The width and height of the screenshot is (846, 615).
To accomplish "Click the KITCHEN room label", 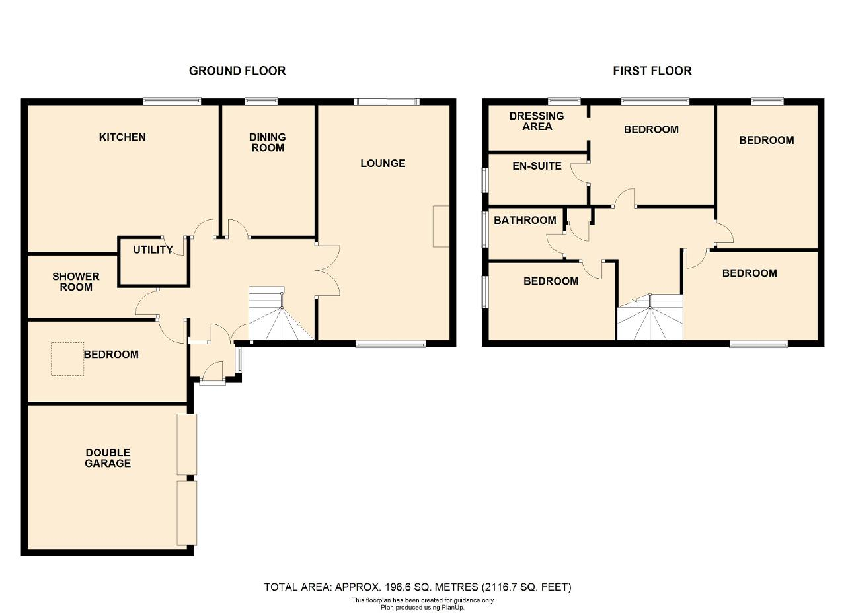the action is (122, 137).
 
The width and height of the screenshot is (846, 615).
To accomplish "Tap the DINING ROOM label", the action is (268, 142).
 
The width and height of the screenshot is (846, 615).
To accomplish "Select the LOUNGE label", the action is (383, 163).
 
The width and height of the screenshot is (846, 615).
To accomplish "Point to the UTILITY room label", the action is (153, 250).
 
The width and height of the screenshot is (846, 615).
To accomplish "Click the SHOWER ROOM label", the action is (76, 281).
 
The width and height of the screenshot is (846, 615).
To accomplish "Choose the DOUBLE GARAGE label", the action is (108, 458).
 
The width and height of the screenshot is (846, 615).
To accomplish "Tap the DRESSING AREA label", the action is (537, 121).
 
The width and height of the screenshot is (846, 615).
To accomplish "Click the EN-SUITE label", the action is (537, 166).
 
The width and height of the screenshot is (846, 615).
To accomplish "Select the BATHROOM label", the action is (525, 220).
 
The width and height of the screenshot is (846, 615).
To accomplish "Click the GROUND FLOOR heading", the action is (237, 71).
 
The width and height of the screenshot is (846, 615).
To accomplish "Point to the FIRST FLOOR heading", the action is (652, 71).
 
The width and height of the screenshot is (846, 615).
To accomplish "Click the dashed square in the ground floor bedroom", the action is (67, 359).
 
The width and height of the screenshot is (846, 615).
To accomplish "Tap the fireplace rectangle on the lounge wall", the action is (441, 227).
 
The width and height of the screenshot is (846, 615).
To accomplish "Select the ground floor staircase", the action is (282, 313).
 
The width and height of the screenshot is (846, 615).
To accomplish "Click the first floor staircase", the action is (650, 317).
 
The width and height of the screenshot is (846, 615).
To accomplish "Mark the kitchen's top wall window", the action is (172, 101).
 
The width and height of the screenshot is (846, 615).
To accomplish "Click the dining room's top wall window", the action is (261, 101).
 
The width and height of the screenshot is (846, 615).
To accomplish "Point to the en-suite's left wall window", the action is (484, 180).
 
